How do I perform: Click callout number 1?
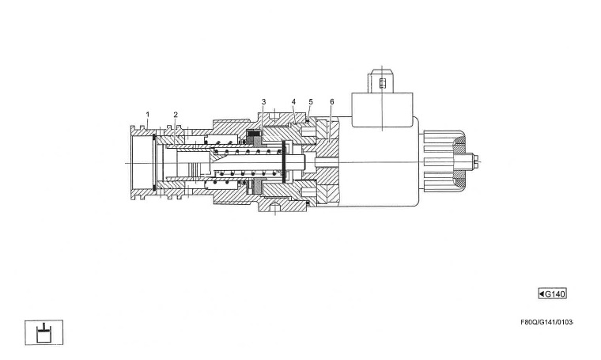[x=147, y=115]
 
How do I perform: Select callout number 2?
[x=176, y=115]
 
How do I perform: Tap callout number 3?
[x=263, y=102]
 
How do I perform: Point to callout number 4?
[x=293, y=102]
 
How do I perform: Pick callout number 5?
[x=311, y=102]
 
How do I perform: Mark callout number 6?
[x=332, y=102]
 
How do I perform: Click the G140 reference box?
[x=552, y=294]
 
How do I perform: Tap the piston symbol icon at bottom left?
[x=43, y=332]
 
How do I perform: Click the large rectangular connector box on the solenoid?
[x=382, y=108]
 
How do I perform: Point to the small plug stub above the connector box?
[x=382, y=80]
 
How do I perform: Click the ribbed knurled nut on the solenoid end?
[x=441, y=162]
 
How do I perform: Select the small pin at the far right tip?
[x=478, y=161]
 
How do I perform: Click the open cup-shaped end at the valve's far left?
[x=141, y=161]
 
